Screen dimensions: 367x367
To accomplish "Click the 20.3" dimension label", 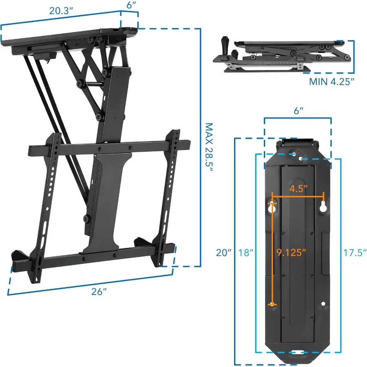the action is [61, 11].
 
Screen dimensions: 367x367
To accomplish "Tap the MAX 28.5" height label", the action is [209, 148].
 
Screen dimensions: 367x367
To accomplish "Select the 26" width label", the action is [99, 292].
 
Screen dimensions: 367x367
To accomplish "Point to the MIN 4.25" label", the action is [332, 82].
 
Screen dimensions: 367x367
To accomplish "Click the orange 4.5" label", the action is [298, 188].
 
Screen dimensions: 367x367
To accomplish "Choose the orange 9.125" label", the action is [291, 252].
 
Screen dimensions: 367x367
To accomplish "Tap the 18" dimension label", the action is [246, 252].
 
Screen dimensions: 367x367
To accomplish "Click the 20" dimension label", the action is [223, 252].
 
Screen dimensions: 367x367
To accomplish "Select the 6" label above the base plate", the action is [298, 111].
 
